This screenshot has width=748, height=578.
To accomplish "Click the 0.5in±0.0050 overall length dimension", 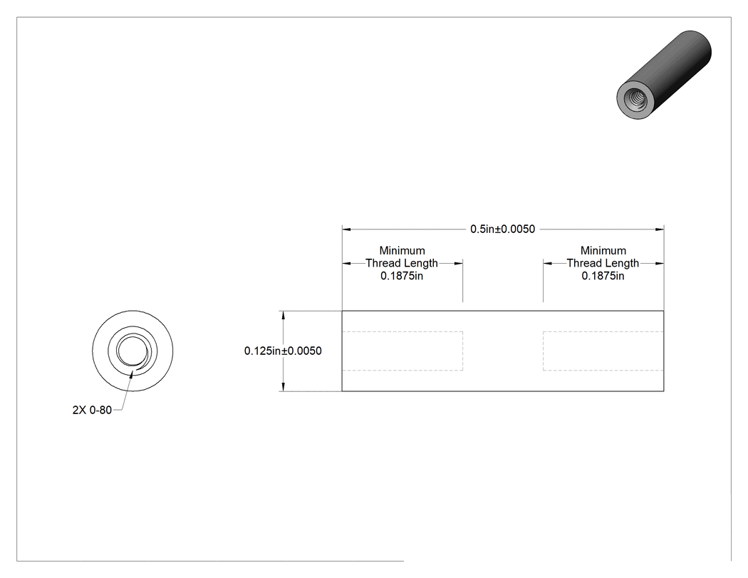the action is coord(502,229).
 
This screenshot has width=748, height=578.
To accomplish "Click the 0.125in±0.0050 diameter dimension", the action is coord(283,351).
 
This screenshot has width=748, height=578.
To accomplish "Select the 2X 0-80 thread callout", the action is coord(92,410).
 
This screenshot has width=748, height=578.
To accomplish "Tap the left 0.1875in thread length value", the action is coord(402,276).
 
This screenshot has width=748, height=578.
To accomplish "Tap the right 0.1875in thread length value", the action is coord(603,276).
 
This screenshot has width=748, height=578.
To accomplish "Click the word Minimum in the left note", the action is coord(402,251).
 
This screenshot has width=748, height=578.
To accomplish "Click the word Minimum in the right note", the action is coord(603,251).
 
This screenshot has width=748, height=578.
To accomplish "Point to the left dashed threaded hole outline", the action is coord(463,351).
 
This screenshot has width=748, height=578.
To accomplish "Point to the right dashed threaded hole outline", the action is coord(543,351).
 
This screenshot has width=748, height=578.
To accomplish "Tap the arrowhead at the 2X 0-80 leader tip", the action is coord(131,373).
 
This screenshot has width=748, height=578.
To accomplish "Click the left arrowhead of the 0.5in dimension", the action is coord(346,229).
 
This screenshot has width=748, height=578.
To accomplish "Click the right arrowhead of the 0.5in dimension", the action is coord(659,229).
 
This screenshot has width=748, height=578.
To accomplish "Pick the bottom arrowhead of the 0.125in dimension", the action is coord(284,386).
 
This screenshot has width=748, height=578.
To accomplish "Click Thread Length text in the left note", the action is coord(402,263).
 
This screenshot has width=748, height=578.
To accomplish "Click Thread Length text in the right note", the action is coord(603,263).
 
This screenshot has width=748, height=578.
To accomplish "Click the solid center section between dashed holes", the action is coord(503,351).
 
